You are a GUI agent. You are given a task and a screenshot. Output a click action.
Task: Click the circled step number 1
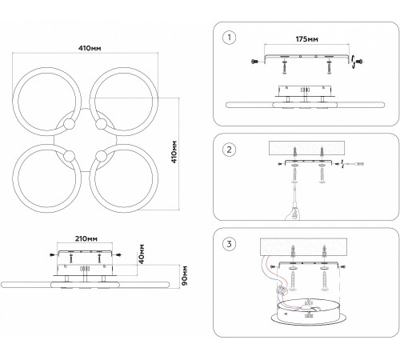click(229, 38)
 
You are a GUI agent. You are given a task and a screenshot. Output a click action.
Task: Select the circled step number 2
click(229, 150)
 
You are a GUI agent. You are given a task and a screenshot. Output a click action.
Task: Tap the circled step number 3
click(229, 244)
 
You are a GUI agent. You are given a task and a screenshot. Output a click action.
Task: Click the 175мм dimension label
click(306, 39)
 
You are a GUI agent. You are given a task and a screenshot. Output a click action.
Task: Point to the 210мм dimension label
click(86, 238)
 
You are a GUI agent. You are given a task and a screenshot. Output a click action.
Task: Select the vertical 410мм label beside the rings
click(174, 152)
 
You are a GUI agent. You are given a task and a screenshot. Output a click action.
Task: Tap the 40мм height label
click(142, 254)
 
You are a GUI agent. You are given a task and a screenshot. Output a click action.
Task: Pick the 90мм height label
click(185, 275)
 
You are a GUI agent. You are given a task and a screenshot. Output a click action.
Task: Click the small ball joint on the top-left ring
click(69, 124)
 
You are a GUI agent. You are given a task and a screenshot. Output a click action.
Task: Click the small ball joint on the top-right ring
click(101, 124)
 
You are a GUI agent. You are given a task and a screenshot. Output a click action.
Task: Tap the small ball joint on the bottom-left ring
click(69, 155)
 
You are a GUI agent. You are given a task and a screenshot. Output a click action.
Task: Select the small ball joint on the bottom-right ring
click(101, 155)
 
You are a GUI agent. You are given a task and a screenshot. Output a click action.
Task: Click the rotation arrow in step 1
click(354, 62)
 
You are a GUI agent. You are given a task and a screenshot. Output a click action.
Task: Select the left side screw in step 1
click(254, 62)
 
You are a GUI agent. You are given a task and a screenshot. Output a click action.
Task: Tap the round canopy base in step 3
click(309, 313)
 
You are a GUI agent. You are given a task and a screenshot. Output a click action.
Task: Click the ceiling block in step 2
click(306, 148)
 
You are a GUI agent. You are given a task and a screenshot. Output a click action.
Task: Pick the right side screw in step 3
click(343, 266)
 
